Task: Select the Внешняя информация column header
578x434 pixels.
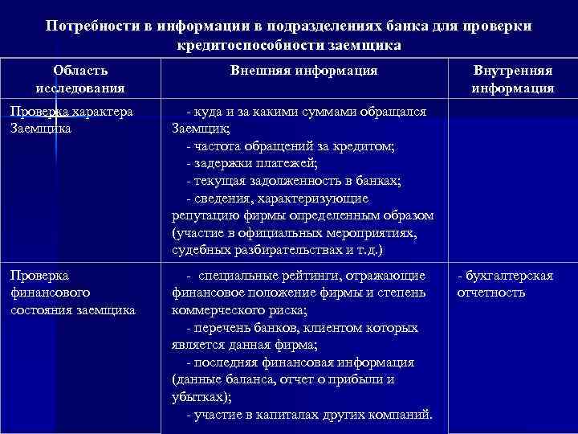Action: point(303,71)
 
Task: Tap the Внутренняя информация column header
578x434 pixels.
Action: point(513,79)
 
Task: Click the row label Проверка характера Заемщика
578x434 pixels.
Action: point(71,119)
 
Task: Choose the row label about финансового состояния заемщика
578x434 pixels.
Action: point(73,293)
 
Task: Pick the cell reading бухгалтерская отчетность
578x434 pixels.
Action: point(505,284)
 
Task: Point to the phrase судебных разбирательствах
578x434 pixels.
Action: point(248,250)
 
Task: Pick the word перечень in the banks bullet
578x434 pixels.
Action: point(222,328)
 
